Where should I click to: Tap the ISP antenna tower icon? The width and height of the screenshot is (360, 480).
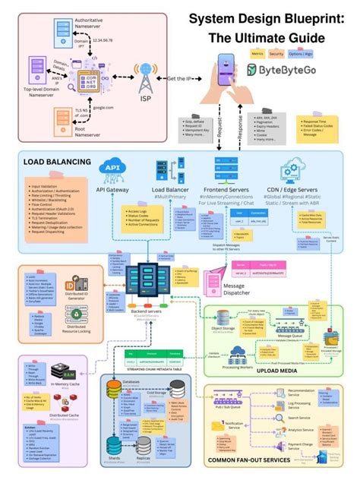145,78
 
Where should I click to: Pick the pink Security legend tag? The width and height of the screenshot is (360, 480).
277,54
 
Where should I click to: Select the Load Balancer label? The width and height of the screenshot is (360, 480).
169,190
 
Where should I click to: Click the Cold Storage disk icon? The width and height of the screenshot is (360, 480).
177,387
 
